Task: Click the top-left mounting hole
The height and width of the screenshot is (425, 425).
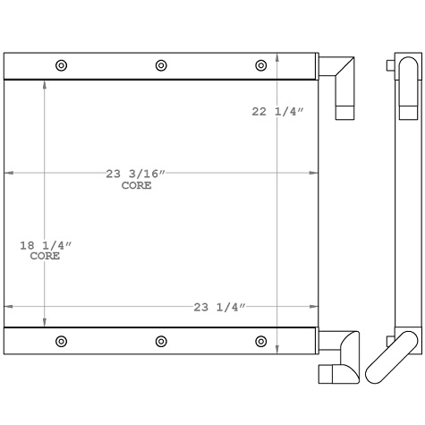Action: pos(61,65)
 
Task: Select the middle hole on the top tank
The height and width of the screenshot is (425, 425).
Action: pos(161,65)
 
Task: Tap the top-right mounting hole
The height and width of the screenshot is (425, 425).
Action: pos(261,65)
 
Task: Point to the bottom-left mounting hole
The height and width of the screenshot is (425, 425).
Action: pos(61,341)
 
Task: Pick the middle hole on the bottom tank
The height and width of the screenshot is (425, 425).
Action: pos(161,341)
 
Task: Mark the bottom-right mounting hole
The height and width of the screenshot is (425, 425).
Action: pos(261,341)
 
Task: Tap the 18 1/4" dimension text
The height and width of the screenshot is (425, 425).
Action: pos(46,244)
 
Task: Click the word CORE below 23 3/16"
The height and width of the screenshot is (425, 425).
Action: pos(136,186)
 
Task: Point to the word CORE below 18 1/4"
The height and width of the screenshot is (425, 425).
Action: pos(45,256)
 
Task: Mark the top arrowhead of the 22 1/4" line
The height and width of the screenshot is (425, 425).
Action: pos(278,59)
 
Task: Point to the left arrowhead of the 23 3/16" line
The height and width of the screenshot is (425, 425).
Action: pos(10,173)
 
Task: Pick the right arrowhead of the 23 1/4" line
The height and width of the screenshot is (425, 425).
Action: pos(313,307)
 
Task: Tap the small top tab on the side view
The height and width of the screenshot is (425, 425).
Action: pos(390,65)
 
